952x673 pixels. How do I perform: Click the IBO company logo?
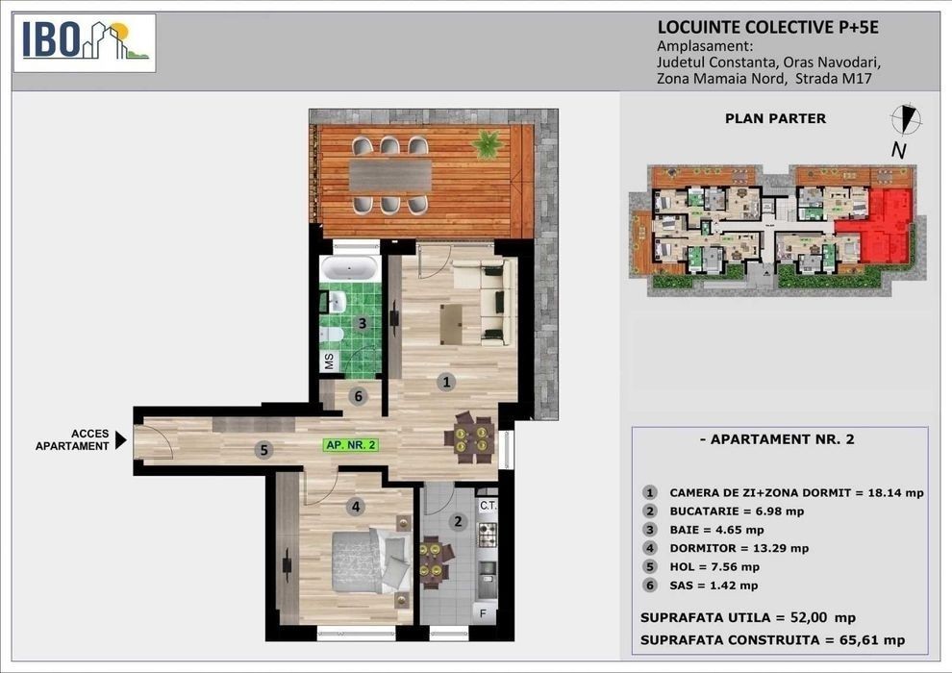[85, 43]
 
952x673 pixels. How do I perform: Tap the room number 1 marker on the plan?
[446, 382]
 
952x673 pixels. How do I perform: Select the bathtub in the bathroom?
[350, 267]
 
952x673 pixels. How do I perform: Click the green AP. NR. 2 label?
[352, 445]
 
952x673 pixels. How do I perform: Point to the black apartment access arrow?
[121, 440]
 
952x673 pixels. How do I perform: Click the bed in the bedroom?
[371, 561]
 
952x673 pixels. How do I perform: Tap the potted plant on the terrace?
[489, 144]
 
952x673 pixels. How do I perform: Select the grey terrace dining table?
[390, 176]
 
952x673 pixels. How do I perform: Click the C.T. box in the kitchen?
[489, 506]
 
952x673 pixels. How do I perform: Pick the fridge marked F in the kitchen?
[484, 613]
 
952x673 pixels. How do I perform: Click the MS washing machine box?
[330, 361]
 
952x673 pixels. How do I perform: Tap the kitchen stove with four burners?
[488, 535]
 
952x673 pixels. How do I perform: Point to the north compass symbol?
[905, 118]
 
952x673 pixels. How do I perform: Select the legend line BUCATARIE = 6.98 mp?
[737, 511]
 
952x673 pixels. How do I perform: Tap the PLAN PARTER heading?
[775, 118]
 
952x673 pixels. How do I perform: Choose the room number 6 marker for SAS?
[359, 396]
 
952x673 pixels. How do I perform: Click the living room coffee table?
[451, 324]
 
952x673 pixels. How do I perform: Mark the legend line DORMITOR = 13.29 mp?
[739, 548]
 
